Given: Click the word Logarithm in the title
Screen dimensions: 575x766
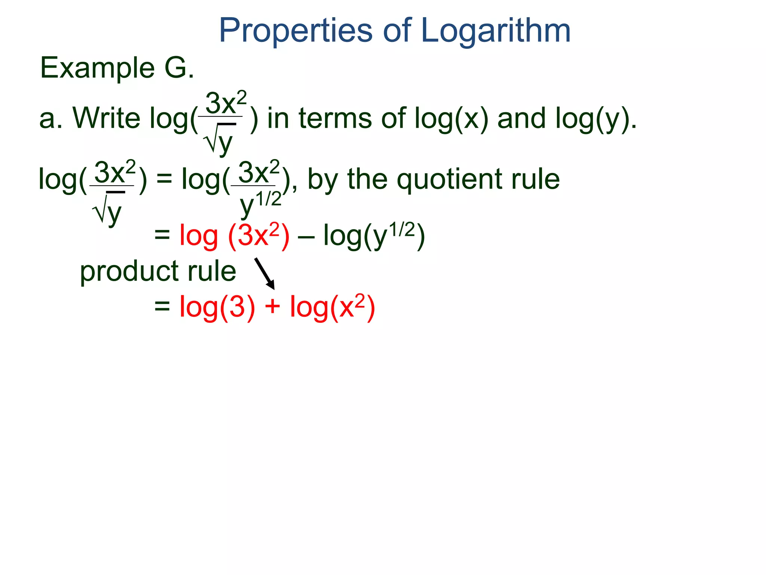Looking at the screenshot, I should (x=496, y=31).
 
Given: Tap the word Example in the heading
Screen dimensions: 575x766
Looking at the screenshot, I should (x=97, y=68).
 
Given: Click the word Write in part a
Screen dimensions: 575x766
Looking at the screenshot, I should (x=106, y=118).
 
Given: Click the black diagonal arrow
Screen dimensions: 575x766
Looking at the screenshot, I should (x=265, y=273).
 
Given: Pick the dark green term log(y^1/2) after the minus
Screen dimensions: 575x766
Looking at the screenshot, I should (x=374, y=236).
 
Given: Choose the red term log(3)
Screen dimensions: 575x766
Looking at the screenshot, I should (x=217, y=307).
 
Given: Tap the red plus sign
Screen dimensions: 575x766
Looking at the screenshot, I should (x=272, y=306).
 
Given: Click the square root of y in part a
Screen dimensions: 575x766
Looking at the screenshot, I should (x=220, y=140).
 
